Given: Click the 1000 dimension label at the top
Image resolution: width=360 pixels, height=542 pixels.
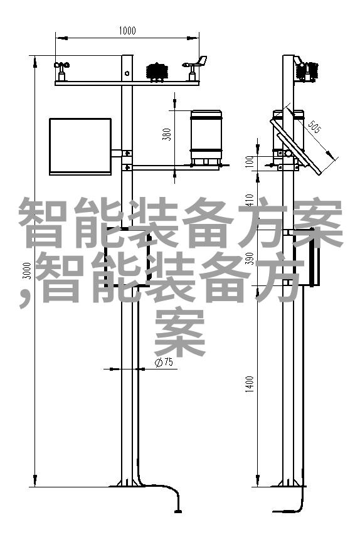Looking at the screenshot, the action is [x=127, y=31].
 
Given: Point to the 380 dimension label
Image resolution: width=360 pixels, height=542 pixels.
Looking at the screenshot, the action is [x=167, y=134].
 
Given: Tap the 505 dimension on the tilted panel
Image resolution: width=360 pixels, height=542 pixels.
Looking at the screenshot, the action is [x=314, y=126].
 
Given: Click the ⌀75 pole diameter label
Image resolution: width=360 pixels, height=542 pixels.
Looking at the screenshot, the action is [x=164, y=362].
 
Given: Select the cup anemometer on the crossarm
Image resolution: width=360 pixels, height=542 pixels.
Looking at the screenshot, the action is [x=61, y=71].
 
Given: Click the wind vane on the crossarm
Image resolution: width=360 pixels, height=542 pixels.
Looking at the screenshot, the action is [x=194, y=68].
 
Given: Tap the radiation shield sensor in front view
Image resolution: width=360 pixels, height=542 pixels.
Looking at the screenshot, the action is [x=157, y=72].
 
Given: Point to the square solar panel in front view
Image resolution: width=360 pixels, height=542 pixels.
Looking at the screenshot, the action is [x=80, y=146].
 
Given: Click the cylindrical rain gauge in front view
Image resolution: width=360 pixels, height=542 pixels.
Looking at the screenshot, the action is [x=206, y=137].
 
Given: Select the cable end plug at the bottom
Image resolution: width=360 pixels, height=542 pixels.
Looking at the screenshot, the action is [x=178, y=510].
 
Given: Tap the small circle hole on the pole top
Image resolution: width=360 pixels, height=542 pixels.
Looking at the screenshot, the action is [x=127, y=73].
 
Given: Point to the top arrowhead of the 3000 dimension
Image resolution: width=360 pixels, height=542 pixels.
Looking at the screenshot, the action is [x=35, y=62].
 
